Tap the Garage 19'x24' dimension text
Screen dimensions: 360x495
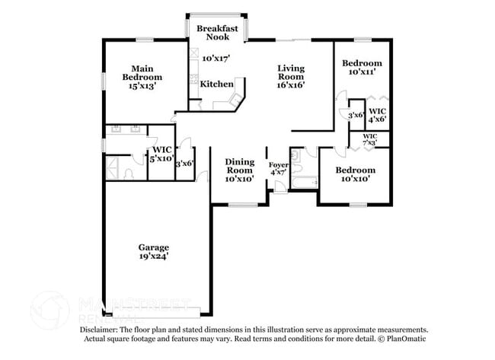(153, 257)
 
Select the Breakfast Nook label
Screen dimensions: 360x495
(218, 32)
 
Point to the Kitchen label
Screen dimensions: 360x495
(217, 84)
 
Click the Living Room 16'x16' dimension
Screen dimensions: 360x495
(291, 86)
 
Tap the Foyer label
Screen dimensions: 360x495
(278, 164)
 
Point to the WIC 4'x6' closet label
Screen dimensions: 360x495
(377, 114)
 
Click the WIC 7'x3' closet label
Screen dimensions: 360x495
(369, 139)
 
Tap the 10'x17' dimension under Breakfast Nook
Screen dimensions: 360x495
(216, 57)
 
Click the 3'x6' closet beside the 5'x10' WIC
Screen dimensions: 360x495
(184, 163)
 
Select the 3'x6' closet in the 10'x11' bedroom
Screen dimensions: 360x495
(354, 115)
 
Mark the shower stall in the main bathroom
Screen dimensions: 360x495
(117, 167)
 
